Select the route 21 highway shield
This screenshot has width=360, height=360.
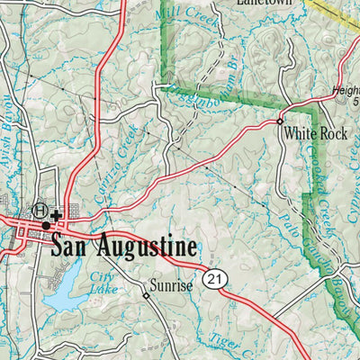pos(213,280)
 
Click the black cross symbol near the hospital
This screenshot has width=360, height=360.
pos(56,215)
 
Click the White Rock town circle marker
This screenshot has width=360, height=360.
pos(280,121)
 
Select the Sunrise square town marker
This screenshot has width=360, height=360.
pos(146,294)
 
